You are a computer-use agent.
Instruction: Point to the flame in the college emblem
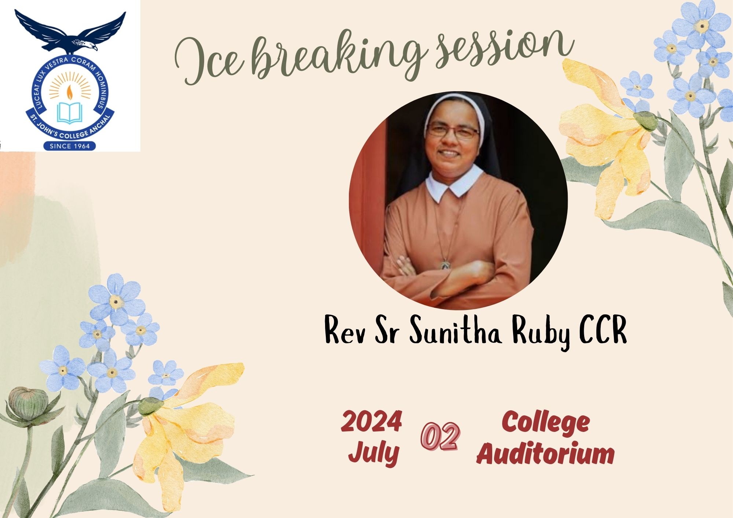[69, 92]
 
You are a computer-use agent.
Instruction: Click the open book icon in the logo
[70, 113]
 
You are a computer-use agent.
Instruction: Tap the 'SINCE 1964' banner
[70, 146]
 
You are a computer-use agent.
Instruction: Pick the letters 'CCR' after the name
[603, 329]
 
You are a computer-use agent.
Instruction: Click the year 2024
[371, 421]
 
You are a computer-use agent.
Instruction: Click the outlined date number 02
[440, 436]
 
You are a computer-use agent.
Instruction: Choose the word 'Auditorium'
[545, 454]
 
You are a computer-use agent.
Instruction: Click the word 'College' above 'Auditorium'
[546, 423]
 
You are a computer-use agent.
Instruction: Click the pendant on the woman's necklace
[445, 264]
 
